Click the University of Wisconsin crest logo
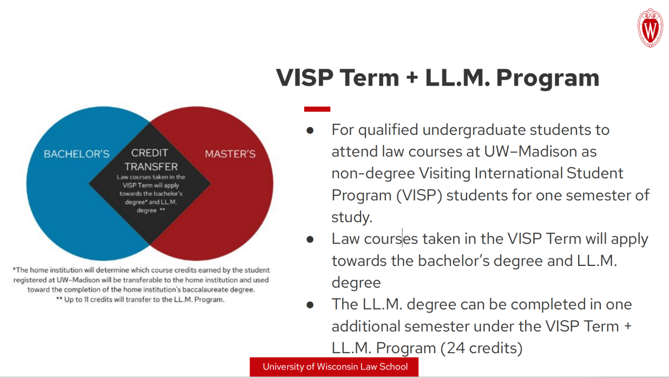click(x=650, y=28)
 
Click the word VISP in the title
click(x=304, y=77)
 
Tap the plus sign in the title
click(x=412, y=78)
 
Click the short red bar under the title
click(x=317, y=109)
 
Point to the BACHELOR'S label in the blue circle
click(x=76, y=154)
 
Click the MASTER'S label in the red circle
click(x=230, y=154)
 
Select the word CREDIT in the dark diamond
click(x=149, y=153)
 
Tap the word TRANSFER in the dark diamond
click(x=151, y=166)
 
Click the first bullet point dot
click(x=310, y=131)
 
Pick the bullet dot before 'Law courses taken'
click(x=310, y=239)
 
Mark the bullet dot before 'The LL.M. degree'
click(x=310, y=305)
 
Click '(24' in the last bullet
click(x=452, y=348)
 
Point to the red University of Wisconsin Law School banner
click(x=334, y=367)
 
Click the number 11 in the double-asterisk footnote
click(x=86, y=299)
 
